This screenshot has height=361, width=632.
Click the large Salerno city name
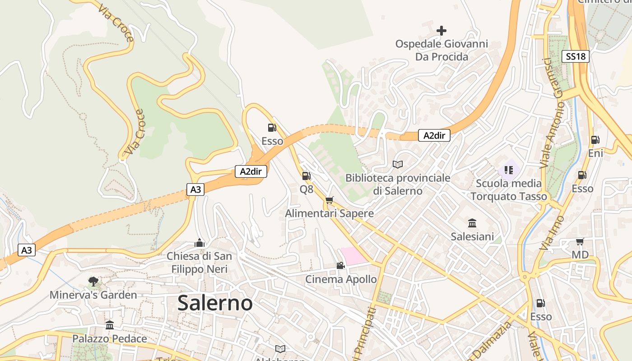(x=215, y=303)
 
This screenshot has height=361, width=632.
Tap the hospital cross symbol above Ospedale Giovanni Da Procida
(x=441, y=31)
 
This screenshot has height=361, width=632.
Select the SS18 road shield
(x=576, y=56)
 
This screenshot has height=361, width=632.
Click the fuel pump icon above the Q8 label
(x=306, y=176)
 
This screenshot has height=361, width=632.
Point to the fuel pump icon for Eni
(x=595, y=140)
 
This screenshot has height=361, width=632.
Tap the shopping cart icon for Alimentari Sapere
(x=329, y=200)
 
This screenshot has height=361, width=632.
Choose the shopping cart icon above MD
(x=580, y=242)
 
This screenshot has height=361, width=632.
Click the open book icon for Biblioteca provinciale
(x=398, y=165)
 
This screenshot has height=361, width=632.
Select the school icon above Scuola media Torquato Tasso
(x=509, y=170)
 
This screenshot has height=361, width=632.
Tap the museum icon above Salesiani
(x=472, y=223)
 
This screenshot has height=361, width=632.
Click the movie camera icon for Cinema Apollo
(x=340, y=266)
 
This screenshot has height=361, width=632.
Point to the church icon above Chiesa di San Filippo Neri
(x=200, y=243)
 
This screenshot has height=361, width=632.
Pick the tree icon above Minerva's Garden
(x=93, y=282)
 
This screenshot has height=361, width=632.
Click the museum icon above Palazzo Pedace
(x=110, y=325)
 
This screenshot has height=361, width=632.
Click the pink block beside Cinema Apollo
(x=353, y=255)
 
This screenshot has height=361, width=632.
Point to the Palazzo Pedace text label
(x=110, y=338)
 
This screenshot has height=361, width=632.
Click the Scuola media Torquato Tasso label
(x=509, y=190)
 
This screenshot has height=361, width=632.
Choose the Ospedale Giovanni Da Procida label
(x=441, y=50)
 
